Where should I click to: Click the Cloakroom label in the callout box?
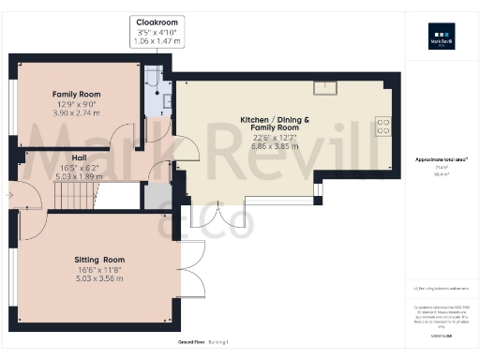[155, 21]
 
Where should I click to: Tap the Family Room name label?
[77, 95]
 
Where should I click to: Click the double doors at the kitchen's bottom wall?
[217, 218]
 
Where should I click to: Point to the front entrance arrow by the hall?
[7, 195]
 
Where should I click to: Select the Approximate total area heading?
[441, 160]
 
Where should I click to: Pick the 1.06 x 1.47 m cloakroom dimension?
[155, 40]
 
